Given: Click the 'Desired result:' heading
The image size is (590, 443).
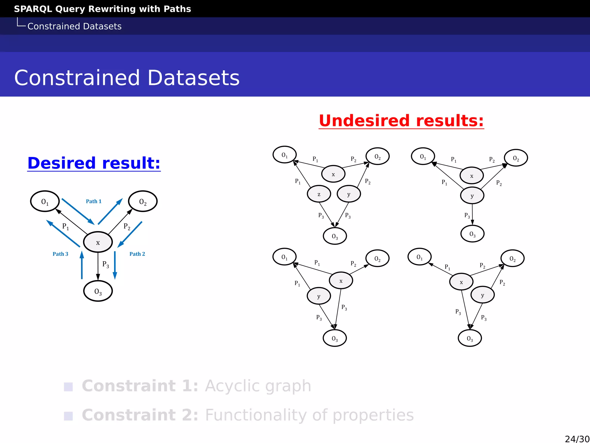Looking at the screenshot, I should click(94, 163).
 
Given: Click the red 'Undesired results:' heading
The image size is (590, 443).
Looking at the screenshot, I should click(401, 121).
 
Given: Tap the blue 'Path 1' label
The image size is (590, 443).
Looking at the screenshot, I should click(94, 201).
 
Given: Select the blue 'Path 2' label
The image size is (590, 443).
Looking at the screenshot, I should click(137, 254).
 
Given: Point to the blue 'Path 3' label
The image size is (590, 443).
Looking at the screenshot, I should click(60, 254).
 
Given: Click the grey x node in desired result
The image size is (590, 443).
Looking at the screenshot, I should click(98, 242).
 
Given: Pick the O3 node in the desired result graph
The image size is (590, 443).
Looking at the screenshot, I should click(98, 291).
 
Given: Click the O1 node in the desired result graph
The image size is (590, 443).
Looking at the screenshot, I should click(45, 201).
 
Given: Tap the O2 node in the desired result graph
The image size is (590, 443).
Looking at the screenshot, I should click(143, 201).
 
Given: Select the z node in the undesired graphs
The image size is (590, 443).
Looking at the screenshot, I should click(319, 194).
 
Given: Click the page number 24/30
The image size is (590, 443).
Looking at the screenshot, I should click(577, 439).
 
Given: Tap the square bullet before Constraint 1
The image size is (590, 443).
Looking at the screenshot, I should click(68, 387).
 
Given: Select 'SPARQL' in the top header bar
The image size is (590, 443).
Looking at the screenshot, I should click(33, 9).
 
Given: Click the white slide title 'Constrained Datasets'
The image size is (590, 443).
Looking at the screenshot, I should click(127, 78).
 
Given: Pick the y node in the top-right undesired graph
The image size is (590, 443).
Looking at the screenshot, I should click(472, 196).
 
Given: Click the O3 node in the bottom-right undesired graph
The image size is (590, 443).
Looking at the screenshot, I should click(470, 338).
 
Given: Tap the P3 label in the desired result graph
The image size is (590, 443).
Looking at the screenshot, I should click(106, 264).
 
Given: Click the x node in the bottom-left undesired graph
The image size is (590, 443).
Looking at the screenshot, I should click(341, 280).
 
